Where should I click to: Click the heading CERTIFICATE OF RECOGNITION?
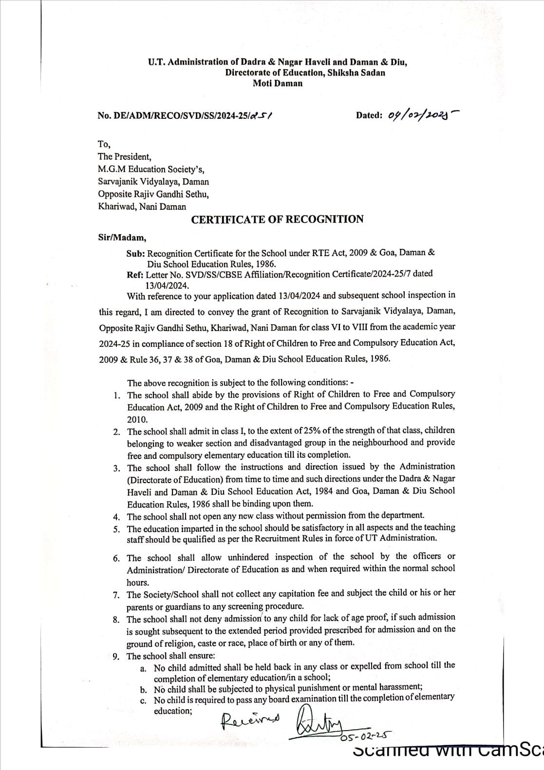pyautogui.click(x=277, y=220)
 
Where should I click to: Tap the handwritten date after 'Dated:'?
pyautogui.click(x=423, y=115)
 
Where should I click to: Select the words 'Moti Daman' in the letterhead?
pyautogui.click(x=277, y=83)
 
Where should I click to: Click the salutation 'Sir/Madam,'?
pyautogui.click(x=122, y=238)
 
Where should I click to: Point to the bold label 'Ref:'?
pyautogui.click(x=135, y=275)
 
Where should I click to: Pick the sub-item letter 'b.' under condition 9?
pyautogui.click(x=144, y=690)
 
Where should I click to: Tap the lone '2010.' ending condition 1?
pyautogui.click(x=137, y=419)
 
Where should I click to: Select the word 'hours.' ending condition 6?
pyautogui.click(x=138, y=582)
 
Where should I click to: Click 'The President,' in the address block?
pyautogui.click(x=124, y=157)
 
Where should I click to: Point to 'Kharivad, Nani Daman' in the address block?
pyautogui.click(x=142, y=207)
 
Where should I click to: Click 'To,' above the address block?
pyautogui.click(x=104, y=145)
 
